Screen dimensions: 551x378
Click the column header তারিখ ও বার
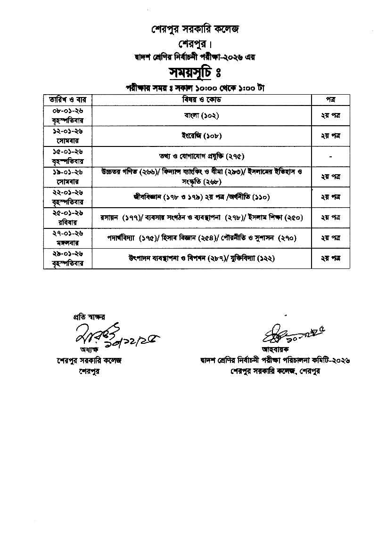tap(68, 100)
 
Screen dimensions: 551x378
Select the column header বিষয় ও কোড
tap(202, 100)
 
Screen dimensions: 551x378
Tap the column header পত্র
tap(330, 100)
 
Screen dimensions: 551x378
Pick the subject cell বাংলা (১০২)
tap(202, 115)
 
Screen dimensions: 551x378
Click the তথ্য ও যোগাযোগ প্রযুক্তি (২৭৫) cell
tap(202, 156)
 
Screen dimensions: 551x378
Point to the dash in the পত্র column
tap(330, 156)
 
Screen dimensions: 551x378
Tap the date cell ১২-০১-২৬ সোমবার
tap(68, 136)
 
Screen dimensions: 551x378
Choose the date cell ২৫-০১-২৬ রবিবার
tap(68, 218)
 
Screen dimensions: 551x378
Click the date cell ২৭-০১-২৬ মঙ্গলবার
tap(68, 238)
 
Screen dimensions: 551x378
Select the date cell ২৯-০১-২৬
tap(68, 254)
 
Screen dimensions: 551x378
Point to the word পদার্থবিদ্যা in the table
tap(122, 238)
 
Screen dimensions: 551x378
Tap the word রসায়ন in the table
tap(110, 218)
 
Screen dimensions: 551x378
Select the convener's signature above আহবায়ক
tap(283, 334)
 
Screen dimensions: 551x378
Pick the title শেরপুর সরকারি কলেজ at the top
tap(189, 29)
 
